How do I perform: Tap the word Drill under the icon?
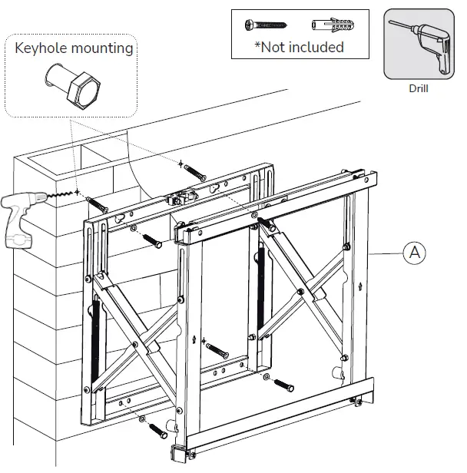click(x=419, y=88)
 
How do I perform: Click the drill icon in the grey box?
click(x=419, y=45)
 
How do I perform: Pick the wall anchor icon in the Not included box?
click(x=326, y=25)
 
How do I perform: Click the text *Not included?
click(x=300, y=47)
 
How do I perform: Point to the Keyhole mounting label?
click(x=74, y=48)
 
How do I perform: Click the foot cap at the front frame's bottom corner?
click(x=177, y=454)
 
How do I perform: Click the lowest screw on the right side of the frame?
click(x=284, y=384)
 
